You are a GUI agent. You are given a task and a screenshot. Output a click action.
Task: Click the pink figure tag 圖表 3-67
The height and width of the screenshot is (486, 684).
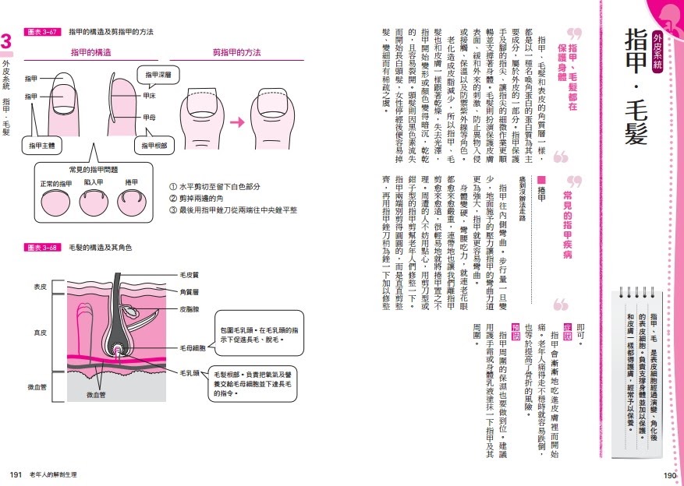[44, 32]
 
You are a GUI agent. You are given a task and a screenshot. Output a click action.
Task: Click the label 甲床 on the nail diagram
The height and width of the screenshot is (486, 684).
[150, 96]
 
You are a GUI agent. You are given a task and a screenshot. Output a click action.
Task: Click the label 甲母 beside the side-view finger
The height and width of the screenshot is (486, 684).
[150, 117]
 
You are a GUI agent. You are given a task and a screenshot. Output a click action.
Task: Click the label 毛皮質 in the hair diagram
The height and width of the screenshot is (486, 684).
[190, 275]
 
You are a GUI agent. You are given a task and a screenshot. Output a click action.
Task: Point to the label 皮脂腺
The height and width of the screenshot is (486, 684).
[190, 309]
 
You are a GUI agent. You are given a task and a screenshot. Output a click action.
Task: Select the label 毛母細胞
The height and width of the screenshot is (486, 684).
[193, 347]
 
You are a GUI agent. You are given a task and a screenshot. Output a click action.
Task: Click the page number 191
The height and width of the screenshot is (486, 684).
[15, 474]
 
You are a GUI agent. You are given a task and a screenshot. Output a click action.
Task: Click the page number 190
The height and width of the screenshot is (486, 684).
[668, 474]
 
